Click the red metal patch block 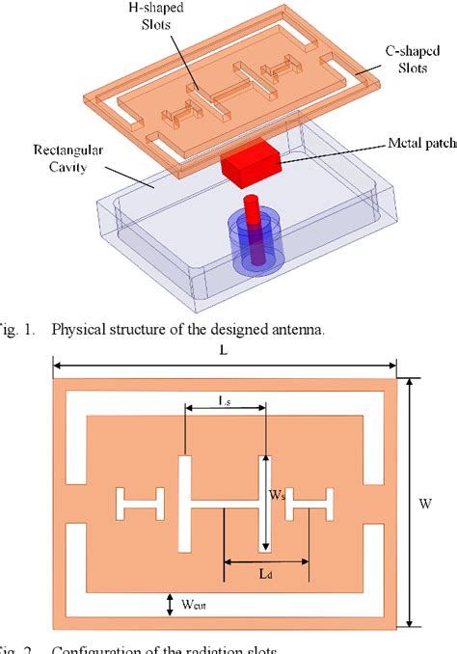point(248,165)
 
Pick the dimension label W point(425,503)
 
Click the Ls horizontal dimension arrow point(223,409)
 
